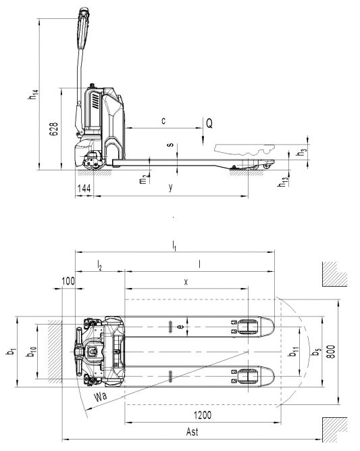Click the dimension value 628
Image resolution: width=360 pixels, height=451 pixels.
click(x=54, y=129)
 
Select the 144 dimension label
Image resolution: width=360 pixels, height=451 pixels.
click(x=84, y=189)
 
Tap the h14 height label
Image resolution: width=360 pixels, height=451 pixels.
click(x=33, y=95)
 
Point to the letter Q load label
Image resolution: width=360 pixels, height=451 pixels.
click(x=209, y=123)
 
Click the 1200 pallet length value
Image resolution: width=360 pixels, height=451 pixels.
click(x=203, y=415)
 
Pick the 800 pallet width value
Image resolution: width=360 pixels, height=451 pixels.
click(x=331, y=352)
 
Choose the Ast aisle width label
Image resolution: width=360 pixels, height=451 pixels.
click(x=192, y=431)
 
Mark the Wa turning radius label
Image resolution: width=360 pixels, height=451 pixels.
click(x=101, y=396)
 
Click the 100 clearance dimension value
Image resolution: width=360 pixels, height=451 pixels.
click(x=68, y=281)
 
